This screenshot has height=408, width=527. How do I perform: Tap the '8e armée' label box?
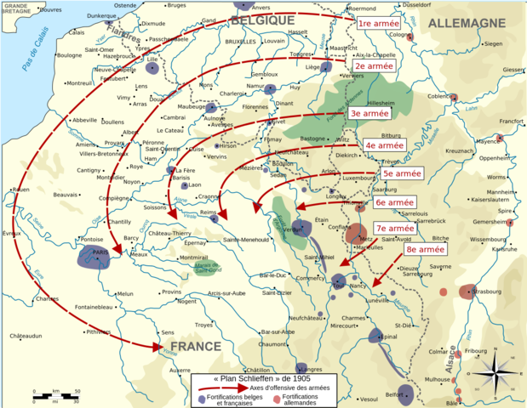(425, 250)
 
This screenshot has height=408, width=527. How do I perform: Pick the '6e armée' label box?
(395, 203)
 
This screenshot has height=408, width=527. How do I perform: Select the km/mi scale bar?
(54, 394)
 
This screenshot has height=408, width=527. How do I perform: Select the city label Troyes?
(203, 325)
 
